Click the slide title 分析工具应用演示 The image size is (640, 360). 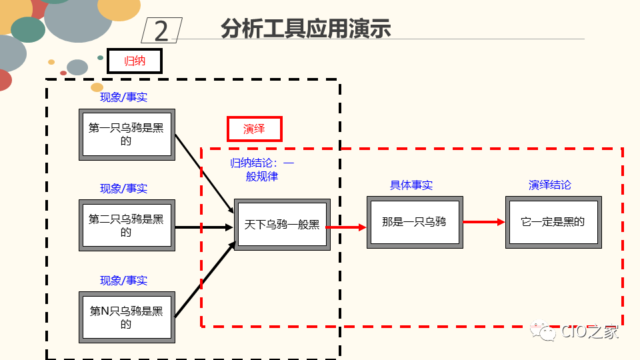pyautogui.click(x=305, y=29)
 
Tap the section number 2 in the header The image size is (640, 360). pyautogui.click(x=161, y=31)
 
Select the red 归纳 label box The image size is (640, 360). pyautogui.click(x=135, y=61)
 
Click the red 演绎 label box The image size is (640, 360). pyautogui.click(x=254, y=129)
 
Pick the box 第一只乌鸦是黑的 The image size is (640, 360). pyautogui.click(x=127, y=135)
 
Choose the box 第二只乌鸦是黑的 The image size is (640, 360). pyautogui.click(x=127, y=225)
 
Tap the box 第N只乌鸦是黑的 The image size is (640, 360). pyautogui.click(x=127, y=317)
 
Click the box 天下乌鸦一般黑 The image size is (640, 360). pyautogui.click(x=282, y=225)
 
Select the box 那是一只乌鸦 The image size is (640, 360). pyautogui.click(x=414, y=223)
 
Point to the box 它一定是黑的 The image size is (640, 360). pyautogui.click(x=553, y=223)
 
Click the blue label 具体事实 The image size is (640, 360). pyautogui.click(x=411, y=185)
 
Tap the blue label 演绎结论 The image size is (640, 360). pyautogui.click(x=550, y=185)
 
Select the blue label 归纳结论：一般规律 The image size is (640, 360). pyautogui.click(x=262, y=170)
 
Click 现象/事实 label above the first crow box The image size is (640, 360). pyautogui.click(x=124, y=97)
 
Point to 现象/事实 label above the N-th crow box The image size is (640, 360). pyautogui.click(x=124, y=281)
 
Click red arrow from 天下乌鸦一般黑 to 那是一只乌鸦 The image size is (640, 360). pyautogui.click(x=347, y=227)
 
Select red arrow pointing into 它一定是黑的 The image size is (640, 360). pyautogui.click(x=484, y=222)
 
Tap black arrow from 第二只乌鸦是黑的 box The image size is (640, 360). pyautogui.click(x=204, y=227)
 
